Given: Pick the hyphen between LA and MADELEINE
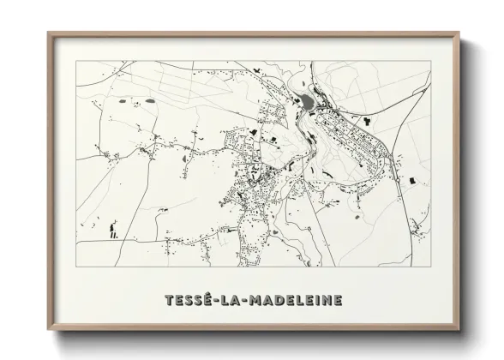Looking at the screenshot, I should [242, 302].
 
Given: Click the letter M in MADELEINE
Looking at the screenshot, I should [254, 301].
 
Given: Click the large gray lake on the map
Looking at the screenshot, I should [306, 105].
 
